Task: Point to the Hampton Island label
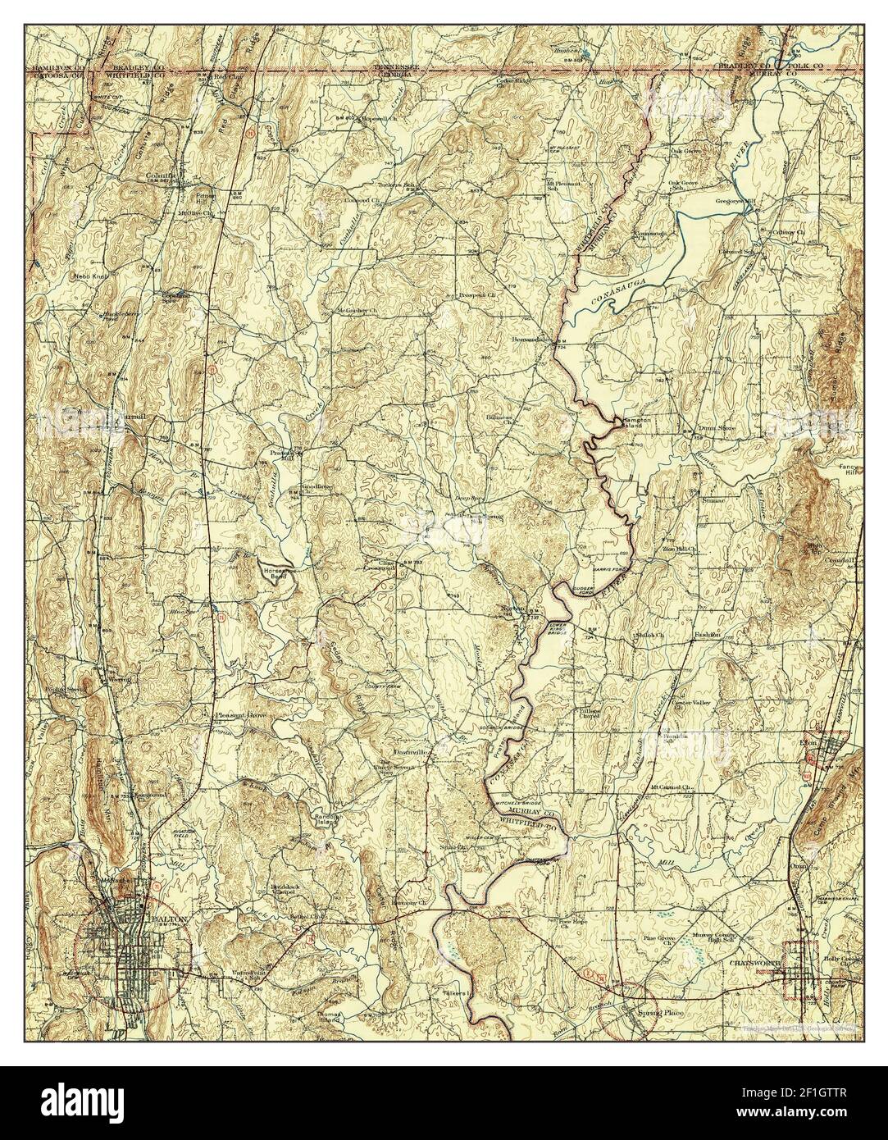[636, 422]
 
